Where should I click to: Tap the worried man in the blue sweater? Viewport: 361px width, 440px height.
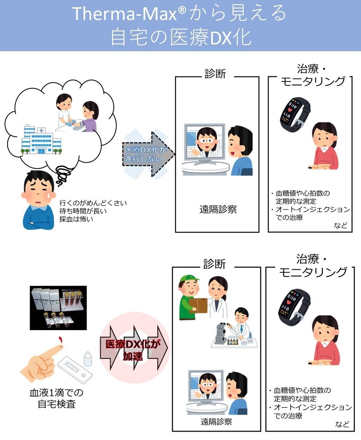point(38,200)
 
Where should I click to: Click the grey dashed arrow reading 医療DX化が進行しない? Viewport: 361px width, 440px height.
point(148,154)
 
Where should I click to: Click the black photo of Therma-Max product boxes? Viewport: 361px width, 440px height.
point(58,308)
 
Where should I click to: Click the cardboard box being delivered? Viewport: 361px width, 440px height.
point(198,306)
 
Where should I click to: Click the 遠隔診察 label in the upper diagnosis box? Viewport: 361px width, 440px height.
point(218,209)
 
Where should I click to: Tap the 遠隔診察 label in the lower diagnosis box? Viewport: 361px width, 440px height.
point(216,422)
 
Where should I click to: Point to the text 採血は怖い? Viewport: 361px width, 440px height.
point(76,219)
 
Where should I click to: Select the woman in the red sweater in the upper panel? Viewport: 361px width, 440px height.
point(324,146)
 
